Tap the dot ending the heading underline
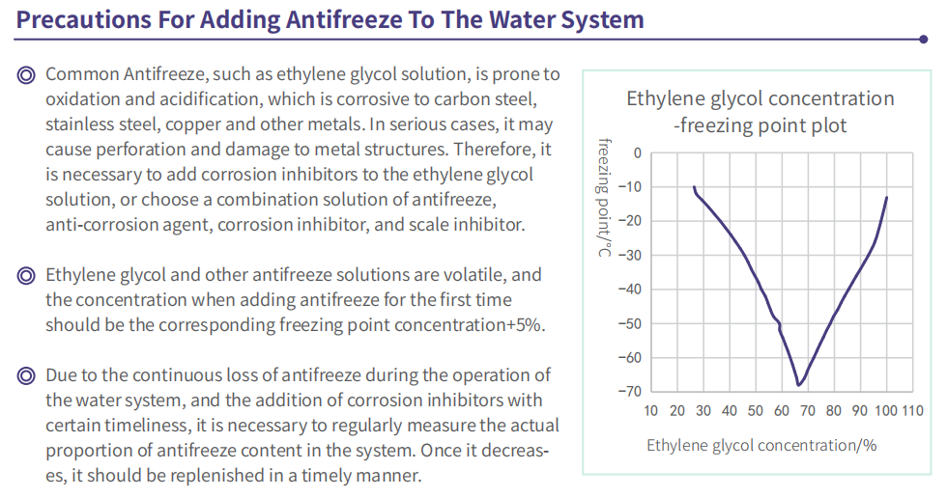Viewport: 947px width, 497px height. click(x=923, y=40)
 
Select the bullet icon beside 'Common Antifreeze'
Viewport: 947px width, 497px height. click(x=26, y=75)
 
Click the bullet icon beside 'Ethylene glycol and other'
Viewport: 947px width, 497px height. click(x=26, y=276)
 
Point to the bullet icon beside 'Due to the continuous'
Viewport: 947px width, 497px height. click(x=26, y=375)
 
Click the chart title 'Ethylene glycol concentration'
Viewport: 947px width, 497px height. click(x=760, y=98)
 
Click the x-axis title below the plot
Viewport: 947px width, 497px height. click(x=761, y=446)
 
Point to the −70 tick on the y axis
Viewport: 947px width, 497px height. click(x=629, y=392)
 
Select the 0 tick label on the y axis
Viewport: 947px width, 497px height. click(x=637, y=153)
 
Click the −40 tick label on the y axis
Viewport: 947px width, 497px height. click(x=629, y=290)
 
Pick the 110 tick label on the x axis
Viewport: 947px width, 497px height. click(x=912, y=411)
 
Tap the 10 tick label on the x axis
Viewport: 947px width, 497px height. click(x=650, y=411)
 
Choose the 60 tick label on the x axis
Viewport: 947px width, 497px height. click(x=782, y=411)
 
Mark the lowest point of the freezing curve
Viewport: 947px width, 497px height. click(x=798, y=385)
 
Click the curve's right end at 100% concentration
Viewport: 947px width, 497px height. click(x=887, y=197)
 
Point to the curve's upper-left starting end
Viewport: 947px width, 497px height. click(x=694, y=187)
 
